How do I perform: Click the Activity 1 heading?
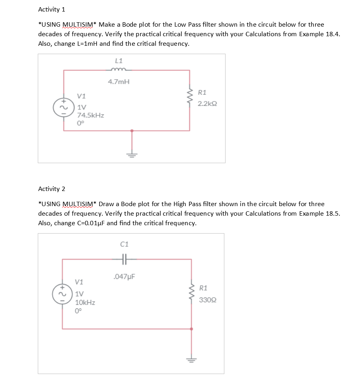(x=51, y=9)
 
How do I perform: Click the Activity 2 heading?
(x=51, y=189)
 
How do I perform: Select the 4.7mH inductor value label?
(x=119, y=82)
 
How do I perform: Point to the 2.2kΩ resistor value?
(x=207, y=103)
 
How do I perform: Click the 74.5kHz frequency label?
(x=90, y=115)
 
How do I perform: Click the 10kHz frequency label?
(x=85, y=303)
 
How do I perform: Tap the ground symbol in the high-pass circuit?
(x=192, y=360)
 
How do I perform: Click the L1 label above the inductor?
(x=119, y=61)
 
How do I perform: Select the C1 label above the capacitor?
(x=124, y=244)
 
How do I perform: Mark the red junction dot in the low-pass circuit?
(x=132, y=130)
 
